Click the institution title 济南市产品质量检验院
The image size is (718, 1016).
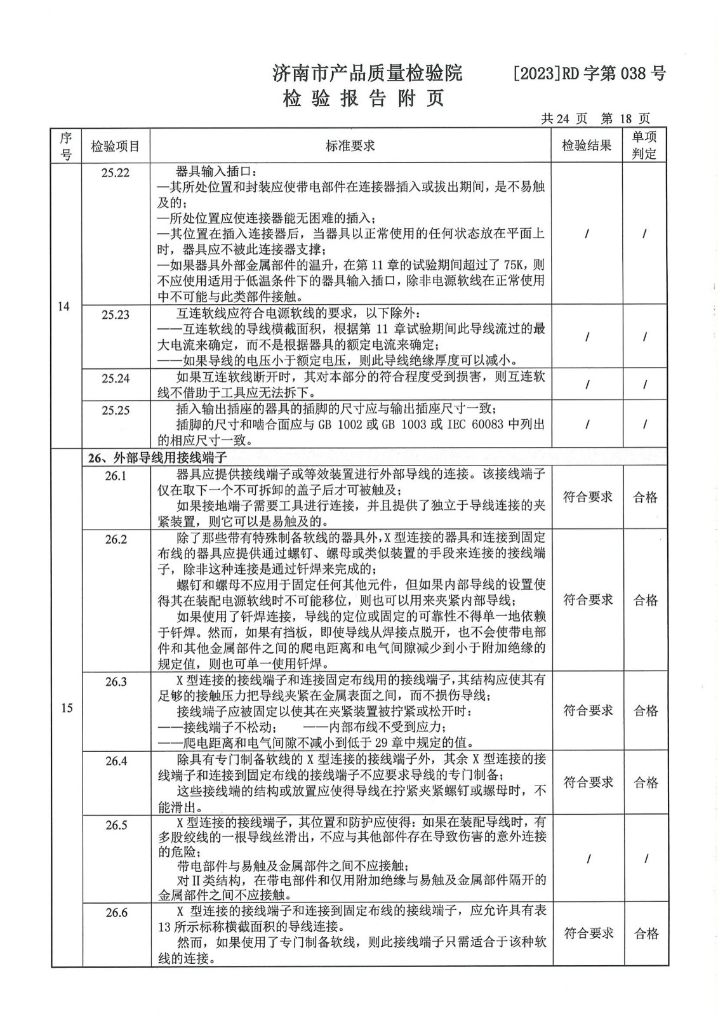(x=367, y=74)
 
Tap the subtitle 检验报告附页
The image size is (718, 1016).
(x=363, y=99)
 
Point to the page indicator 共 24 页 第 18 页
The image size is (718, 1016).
(x=595, y=119)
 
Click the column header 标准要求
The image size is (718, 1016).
(x=350, y=146)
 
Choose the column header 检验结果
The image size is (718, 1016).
(x=587, y=146)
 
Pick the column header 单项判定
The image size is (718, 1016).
(x=644, y=145)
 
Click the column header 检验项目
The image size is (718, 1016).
(x=116, y=147)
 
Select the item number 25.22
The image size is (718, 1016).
(x=115, y=173)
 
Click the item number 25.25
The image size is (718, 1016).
(x=115, y=410)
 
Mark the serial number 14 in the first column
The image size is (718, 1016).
(x=63, y=307)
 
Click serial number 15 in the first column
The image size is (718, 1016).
(x=67, y=709)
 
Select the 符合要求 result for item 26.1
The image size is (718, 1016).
(x=588, y=497)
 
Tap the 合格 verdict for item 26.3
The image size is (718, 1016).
(x=646, y=711)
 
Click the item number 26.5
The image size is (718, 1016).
(x=116, y=825)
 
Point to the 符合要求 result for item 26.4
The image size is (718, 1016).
(x=588, y=782)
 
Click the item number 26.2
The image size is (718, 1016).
(x=116, y=540)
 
